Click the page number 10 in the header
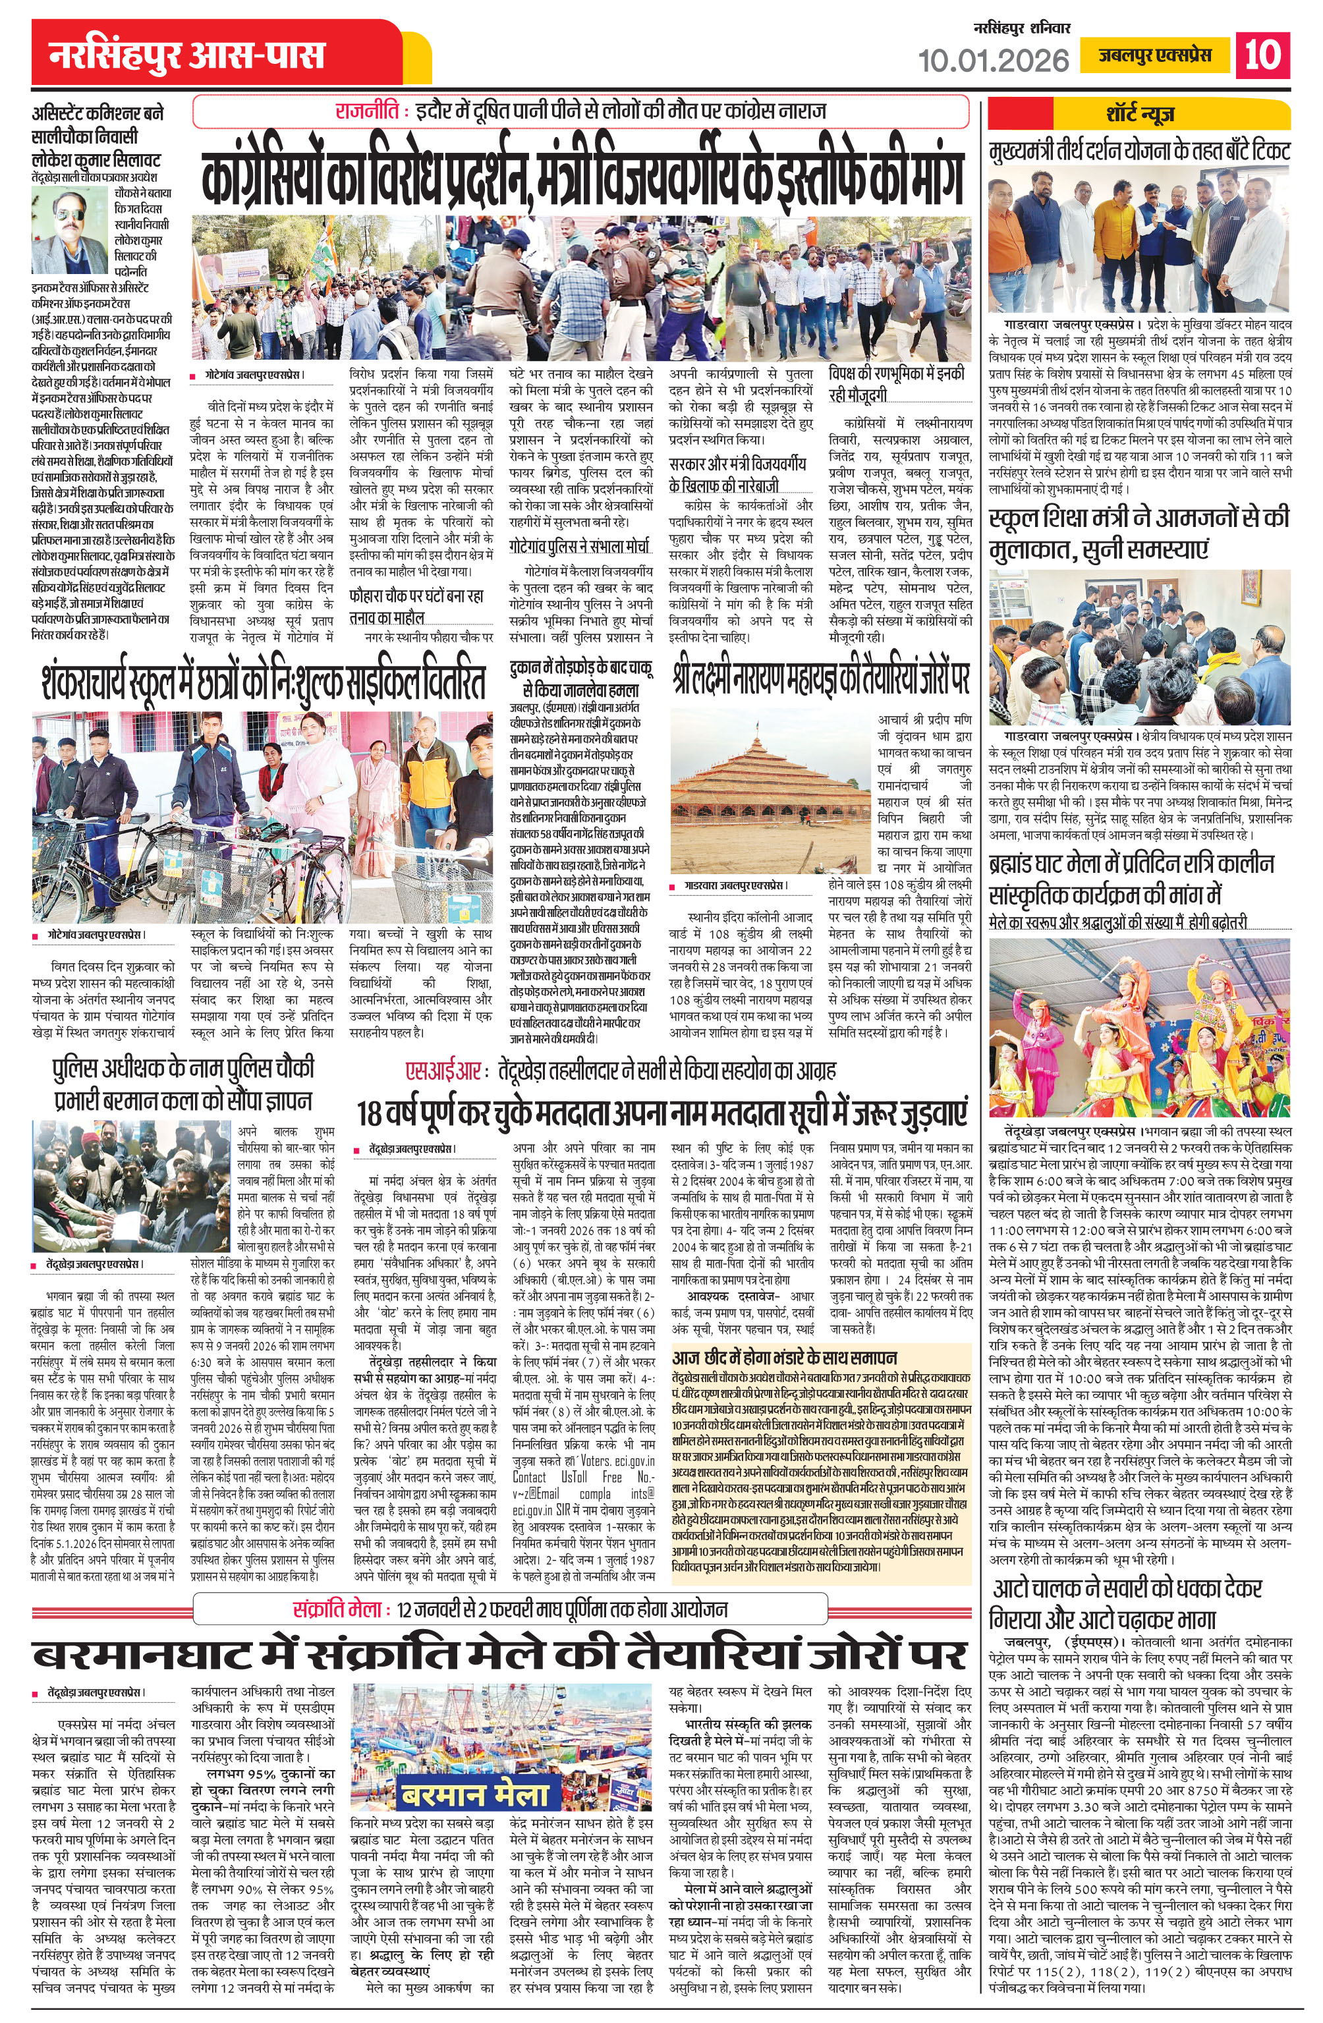click(1262, 55)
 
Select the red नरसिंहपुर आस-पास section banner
click(188, 56)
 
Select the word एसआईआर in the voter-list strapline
click(445, 1069)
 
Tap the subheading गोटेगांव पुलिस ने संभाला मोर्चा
click(579, 545)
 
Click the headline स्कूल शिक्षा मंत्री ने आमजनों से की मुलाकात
click(1139, 532)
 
